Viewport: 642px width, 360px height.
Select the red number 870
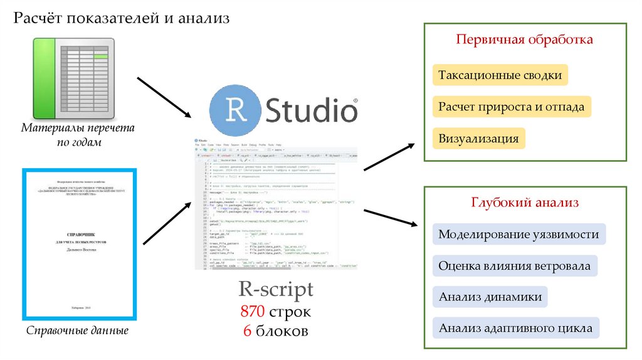click(253, 312)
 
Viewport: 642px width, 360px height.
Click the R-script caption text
click(275, 290)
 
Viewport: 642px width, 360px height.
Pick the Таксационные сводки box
click(500, 75)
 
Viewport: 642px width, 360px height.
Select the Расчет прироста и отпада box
click(511, 107)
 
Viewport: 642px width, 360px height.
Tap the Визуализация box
click(478, 138)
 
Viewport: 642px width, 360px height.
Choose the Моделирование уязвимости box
click(518, 235)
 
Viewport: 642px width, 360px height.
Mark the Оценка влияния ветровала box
click(514, 266)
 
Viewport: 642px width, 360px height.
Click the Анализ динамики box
click(490, 297)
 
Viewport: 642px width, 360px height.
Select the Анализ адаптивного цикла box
click(515, 328)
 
